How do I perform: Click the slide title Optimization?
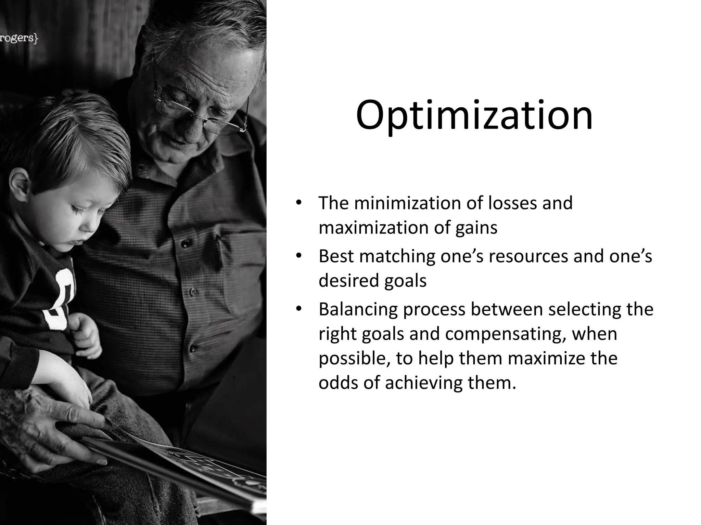tap(474, 116)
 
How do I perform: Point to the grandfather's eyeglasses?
tap(199, 109)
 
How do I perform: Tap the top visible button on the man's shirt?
tap(185, 243)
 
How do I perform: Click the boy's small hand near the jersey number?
tap(86, 333)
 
